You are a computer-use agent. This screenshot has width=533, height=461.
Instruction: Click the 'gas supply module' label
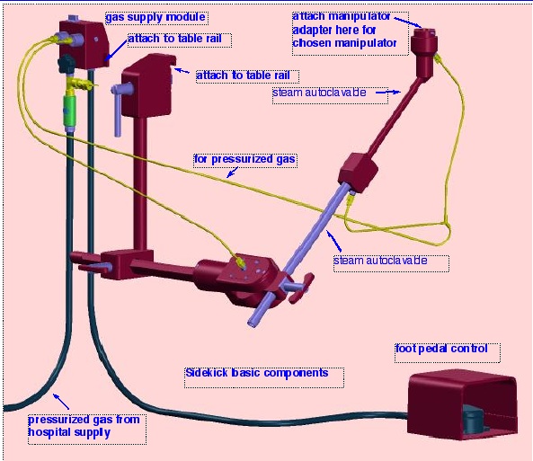(155, 17)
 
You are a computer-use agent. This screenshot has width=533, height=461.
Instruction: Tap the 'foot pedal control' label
(441, 349)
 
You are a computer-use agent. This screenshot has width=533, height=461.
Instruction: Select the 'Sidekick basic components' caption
(257, 373)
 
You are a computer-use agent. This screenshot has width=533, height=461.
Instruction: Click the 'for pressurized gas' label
(244, 159)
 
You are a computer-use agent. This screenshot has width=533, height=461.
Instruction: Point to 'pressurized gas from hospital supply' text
(84, 426)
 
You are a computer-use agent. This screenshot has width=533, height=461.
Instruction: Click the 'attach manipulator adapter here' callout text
(344, 30)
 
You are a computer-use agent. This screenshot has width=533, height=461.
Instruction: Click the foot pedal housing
(462, 404)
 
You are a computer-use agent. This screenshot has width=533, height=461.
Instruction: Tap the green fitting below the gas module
(69, 111)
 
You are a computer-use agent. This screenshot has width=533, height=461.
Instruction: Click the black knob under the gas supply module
(67, 63)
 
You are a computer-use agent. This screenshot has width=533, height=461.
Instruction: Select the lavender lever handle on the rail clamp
(119, 105)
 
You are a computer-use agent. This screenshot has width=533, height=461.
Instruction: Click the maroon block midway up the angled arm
(358, 173)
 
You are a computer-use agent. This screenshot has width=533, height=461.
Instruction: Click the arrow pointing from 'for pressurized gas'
(233, 172)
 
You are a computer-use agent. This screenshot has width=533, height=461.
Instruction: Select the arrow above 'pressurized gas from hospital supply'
(61, 401)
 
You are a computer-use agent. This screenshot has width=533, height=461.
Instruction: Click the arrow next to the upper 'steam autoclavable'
(388, 92)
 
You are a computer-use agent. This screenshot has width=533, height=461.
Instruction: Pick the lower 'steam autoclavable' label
(380, 261)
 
